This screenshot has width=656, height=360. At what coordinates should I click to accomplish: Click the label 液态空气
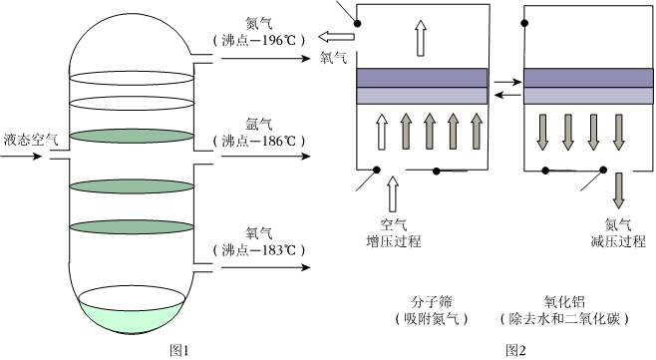[31, 140]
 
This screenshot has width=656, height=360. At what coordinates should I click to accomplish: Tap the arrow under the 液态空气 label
[21, 157]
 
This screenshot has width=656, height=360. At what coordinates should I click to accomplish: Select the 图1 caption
[179, 350]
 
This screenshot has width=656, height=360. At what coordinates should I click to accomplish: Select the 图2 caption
[515, 350]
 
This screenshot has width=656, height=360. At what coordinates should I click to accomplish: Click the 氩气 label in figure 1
[259, 125]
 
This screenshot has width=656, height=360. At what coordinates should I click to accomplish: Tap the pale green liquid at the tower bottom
[132, 319]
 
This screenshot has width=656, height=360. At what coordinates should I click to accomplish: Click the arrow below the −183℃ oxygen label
[266, 267]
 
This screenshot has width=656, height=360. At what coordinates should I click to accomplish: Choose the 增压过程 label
[393, 241]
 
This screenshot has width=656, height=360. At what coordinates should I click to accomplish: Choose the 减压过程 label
[618, 241]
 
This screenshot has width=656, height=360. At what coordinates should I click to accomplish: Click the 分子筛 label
[432, 302]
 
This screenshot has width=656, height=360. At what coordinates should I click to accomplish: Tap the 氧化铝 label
[564, 302]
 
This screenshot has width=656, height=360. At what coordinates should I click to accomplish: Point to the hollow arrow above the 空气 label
[393, 193]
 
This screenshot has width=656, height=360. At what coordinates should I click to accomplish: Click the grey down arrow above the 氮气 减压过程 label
[618, 190]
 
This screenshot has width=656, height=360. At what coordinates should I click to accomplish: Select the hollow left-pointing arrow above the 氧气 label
[336, 37]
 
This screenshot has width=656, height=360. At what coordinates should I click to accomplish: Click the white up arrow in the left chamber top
[421, 38]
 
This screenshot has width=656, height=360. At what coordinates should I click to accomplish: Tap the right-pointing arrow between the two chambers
[507, 82]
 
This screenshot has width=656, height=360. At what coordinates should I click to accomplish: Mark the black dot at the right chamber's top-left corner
[524, 23]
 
